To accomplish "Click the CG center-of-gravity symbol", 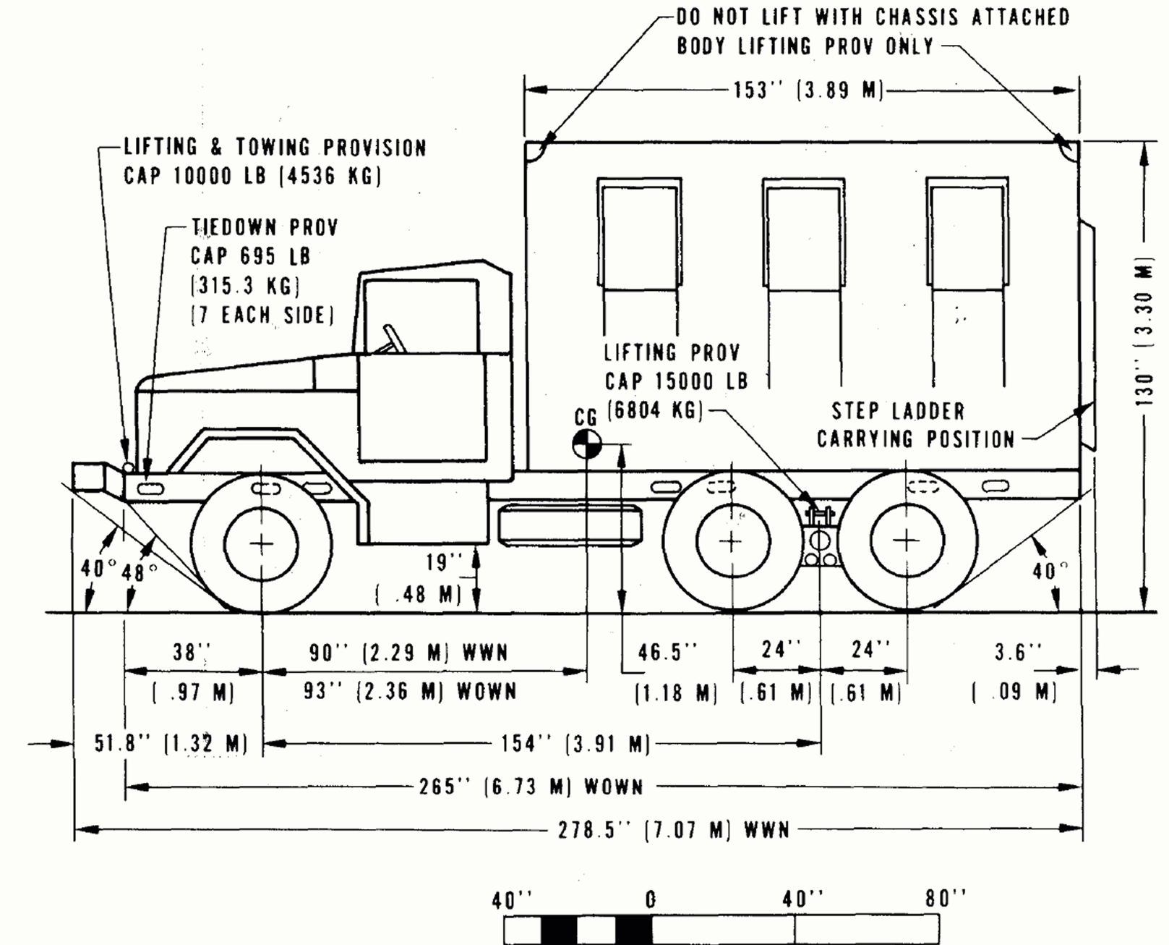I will click(x=586, y=444).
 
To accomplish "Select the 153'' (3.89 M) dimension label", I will click(x=808, y=90).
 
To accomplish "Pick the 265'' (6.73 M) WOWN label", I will click(x=531, y=786).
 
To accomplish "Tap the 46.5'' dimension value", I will click(x=667, y=652).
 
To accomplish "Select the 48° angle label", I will click(x=139, y=572).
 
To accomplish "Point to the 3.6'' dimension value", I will click(x=1018, y=652).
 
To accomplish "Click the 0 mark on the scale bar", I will click(x=650, y=900).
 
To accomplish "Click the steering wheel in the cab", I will click(x=393, y=339).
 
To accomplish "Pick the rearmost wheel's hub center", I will click(x=907, y=541).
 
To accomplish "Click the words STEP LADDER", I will click(x=898, y=411).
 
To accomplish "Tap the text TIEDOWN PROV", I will click(x=265, y=227).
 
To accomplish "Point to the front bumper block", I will click(x=89, y=476).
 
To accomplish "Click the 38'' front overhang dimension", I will click(x=188, y=652).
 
